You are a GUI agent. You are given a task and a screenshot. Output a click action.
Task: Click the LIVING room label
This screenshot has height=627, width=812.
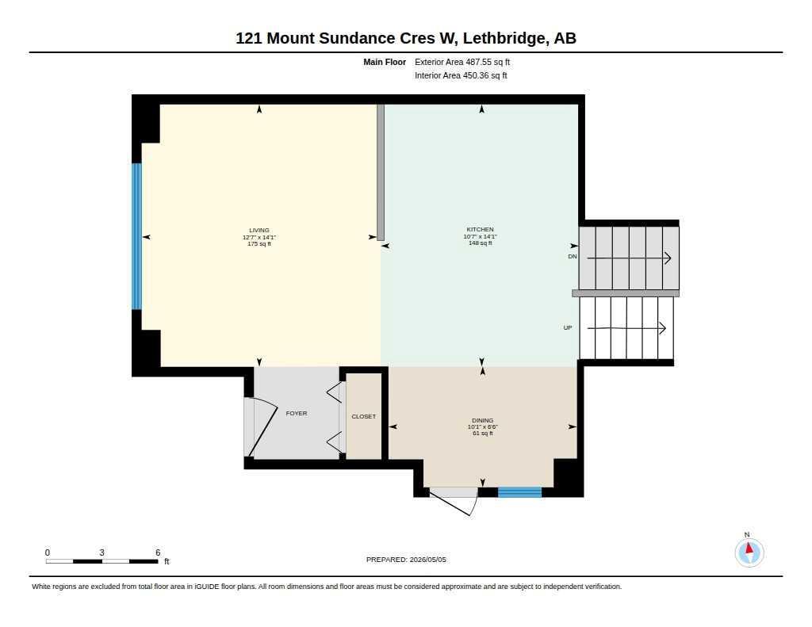[259, 231]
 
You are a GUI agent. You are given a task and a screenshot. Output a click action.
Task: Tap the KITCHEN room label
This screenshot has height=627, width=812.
[480, 229]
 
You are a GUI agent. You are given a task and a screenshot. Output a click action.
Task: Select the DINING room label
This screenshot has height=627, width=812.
[483, 420]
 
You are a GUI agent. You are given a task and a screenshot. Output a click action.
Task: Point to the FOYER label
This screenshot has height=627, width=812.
[297, 413]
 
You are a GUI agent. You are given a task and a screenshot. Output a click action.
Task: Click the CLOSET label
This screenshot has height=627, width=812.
[363, 416]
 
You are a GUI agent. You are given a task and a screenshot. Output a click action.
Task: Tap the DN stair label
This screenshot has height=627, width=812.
[573, 256]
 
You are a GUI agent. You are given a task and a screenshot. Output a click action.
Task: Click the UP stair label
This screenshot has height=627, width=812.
[568, 327]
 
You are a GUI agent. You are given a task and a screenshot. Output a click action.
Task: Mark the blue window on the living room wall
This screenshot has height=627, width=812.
[136, 236]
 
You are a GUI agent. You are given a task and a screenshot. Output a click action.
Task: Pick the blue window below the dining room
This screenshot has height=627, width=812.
[519, 492]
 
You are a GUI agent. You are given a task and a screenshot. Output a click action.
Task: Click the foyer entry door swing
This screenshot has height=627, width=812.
[265, 428]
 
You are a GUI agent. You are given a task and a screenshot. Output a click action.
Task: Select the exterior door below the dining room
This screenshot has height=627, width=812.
[454, 500]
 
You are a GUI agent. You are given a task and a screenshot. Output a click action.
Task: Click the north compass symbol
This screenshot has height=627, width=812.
[749, 552]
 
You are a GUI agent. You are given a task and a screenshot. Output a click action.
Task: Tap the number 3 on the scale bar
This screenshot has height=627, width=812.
[102, 552]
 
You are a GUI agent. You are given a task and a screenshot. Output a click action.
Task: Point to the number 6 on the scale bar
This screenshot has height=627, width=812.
[158, 552]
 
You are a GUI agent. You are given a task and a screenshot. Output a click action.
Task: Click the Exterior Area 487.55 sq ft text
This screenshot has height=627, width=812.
[462, 62]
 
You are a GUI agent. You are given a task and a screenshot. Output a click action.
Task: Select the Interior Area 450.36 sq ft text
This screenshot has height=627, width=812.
[461, 75]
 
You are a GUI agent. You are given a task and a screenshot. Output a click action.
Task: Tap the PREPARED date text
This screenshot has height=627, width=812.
[406, 560]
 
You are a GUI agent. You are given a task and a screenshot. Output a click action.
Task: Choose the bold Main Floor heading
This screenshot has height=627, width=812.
[385, 62]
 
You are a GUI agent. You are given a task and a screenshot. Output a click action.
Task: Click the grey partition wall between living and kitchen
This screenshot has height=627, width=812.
[381, 173]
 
